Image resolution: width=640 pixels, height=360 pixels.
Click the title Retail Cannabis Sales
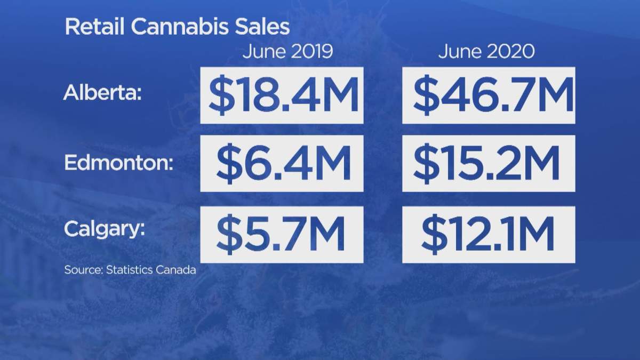click(x=177, y=27)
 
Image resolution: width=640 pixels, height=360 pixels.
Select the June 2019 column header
click(x=287, y=52)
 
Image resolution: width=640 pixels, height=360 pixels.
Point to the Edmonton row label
click(x=118, y=163)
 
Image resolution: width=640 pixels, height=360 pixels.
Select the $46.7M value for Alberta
click(x=489, y=95)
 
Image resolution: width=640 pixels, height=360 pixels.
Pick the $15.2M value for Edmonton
click(x=489, y=163)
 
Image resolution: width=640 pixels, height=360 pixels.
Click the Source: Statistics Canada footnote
click(x=130, y=270)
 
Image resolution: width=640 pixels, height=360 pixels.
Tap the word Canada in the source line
click(x=175, y=270)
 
